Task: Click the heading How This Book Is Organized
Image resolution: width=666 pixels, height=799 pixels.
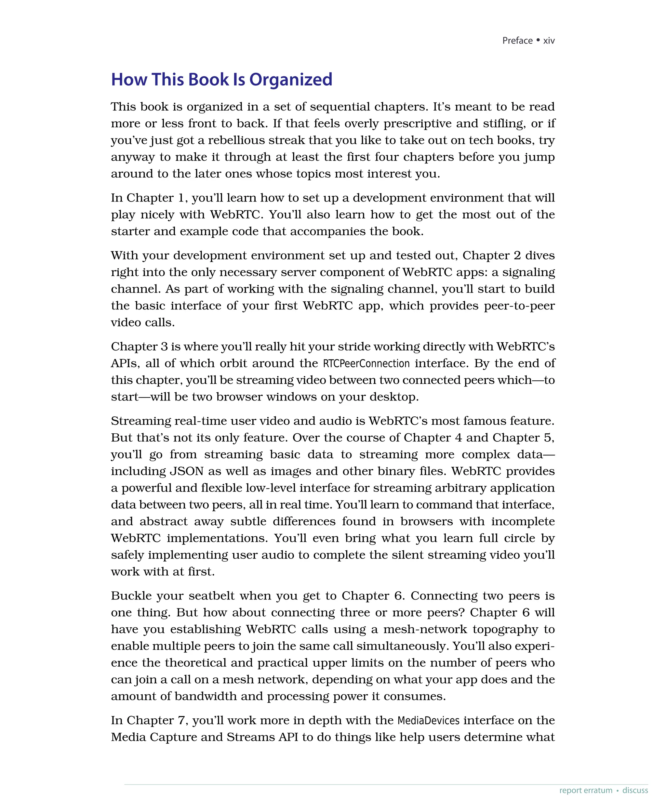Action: point(221,80)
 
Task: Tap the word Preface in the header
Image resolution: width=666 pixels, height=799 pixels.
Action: point(517,41)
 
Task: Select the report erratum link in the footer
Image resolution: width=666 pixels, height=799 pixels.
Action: point(586,790)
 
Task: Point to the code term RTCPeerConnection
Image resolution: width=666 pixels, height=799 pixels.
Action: point(366,363)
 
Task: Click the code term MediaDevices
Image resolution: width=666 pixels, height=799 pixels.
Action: point(429,721)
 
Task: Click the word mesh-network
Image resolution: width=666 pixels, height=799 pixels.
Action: point(425,629)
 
